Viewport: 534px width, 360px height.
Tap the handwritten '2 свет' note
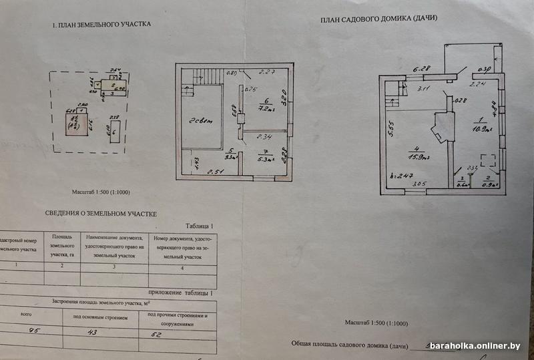[200, 120]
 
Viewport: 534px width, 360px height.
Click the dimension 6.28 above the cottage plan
[421, 68]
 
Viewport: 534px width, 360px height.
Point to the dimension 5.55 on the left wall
[392, 128]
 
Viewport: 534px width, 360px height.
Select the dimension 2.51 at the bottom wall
[214, 172]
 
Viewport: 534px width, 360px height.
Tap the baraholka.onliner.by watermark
[483, 345]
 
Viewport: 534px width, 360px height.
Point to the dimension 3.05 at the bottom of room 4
[419, 184]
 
